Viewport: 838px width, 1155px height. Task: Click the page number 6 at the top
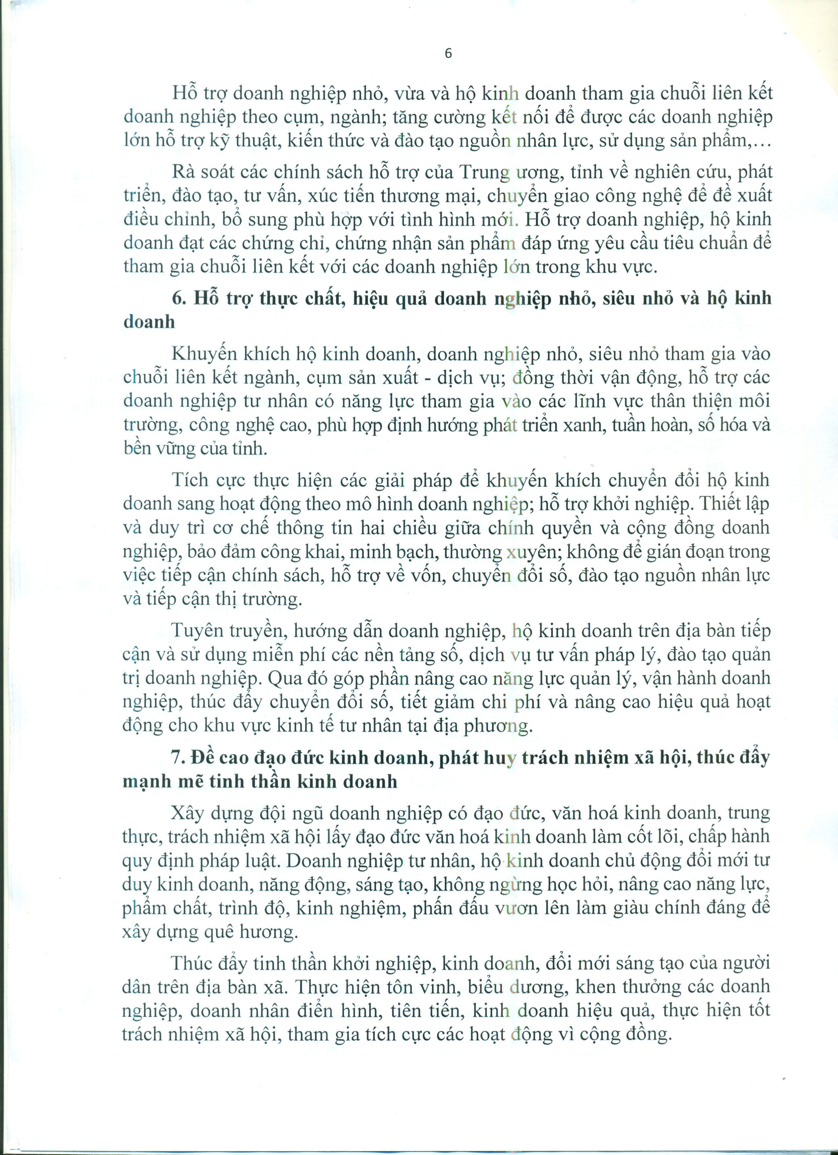tap(448, 54)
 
